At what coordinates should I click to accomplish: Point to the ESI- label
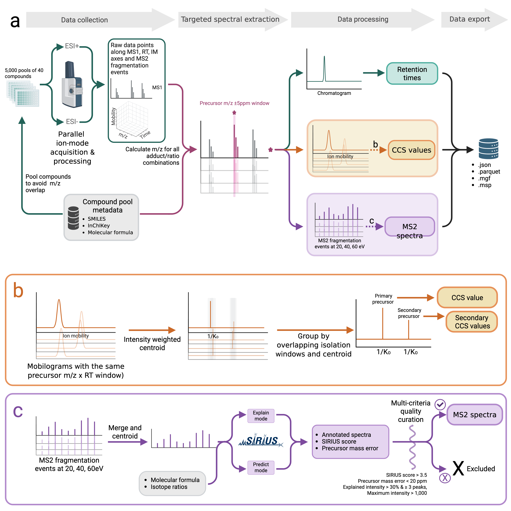click(72, 122)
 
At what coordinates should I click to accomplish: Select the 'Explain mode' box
click(261, 416)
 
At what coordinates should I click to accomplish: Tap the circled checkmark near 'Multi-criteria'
click(440, 404)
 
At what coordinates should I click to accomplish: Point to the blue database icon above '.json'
click(489, 149)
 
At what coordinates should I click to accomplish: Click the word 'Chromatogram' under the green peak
click(334, 93)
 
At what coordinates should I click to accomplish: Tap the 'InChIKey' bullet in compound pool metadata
click(99, 226)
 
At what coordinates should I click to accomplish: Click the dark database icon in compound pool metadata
click(73, 218)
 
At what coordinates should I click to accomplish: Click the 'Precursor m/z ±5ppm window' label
click(234, 103)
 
